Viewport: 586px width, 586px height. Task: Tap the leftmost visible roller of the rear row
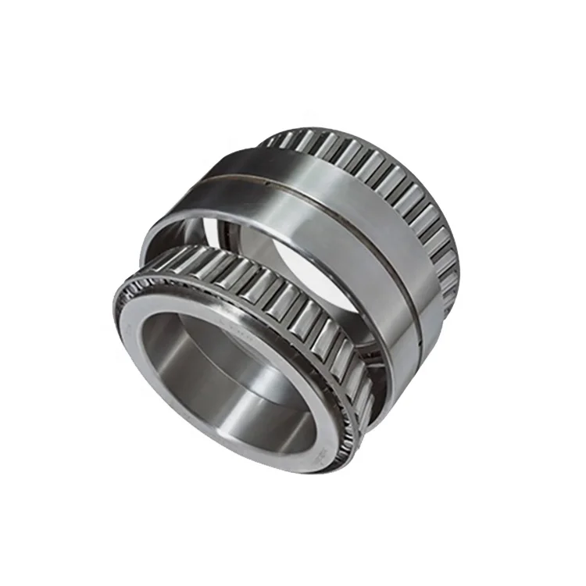(x=270, y=141)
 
